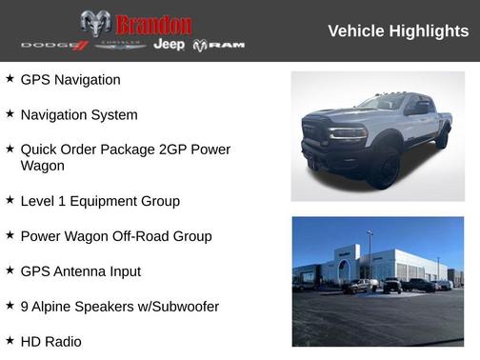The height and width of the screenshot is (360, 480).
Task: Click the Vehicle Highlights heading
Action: (398, 30)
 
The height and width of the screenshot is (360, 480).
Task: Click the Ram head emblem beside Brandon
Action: (95, 24)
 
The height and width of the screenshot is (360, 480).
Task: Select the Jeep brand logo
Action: (169, 45)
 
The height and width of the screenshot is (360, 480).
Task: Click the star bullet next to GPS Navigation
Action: (10, 79)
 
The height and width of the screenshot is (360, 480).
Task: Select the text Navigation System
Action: (79, 114)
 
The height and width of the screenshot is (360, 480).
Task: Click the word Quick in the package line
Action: (40, 150)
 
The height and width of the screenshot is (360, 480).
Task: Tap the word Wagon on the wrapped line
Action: (43, 166)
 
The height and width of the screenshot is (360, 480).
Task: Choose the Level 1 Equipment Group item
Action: (100, 201)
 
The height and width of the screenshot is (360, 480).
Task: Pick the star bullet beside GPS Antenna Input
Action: (10, 270)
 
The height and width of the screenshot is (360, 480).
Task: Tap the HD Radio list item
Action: (51, 341)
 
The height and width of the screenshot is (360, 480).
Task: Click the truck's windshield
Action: (383, 103)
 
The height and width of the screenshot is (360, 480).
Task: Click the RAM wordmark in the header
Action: (227, 45)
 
